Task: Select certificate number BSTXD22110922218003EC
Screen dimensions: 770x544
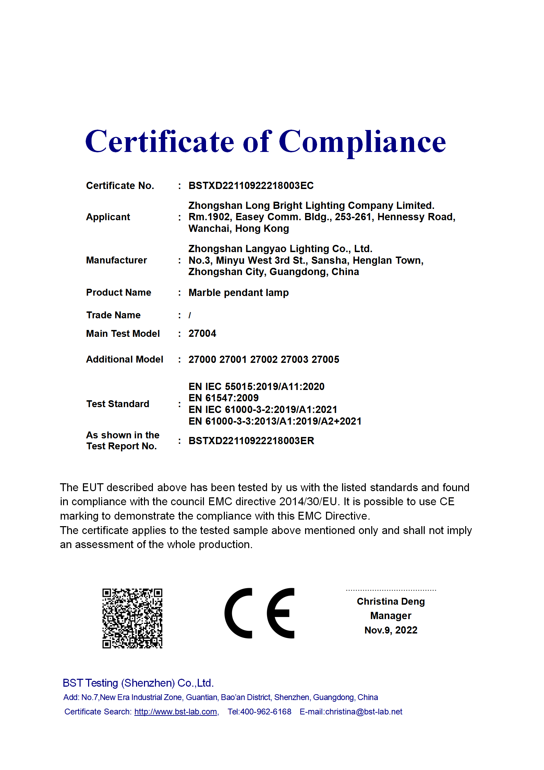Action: coord(251,186)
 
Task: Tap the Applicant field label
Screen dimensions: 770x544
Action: coord(108,217)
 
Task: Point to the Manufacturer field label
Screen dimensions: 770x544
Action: coord(116,260)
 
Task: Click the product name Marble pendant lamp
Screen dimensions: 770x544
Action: coord(239,293)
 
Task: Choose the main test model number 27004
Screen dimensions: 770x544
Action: coord(202,333)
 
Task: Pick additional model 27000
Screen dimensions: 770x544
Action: coord(202,359)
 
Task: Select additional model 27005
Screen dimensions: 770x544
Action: coord(325,359)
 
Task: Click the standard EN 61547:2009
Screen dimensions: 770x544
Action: coord(223,398)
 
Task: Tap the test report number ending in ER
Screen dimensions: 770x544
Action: coord(251,441)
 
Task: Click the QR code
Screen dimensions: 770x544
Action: coord(132,618)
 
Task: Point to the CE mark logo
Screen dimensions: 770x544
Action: coord(259,613)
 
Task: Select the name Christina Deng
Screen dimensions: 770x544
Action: coord(391,602)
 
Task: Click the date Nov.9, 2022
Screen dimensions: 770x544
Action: coord(391,630)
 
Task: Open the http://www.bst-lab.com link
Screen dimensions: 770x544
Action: coord(176,712)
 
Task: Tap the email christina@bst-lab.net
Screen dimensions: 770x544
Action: coord(363,712)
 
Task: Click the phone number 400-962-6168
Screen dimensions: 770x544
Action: coord(266,712)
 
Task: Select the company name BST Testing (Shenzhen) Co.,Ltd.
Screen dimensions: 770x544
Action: coord(138,683)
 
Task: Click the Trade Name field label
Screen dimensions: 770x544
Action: coord(113,315)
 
